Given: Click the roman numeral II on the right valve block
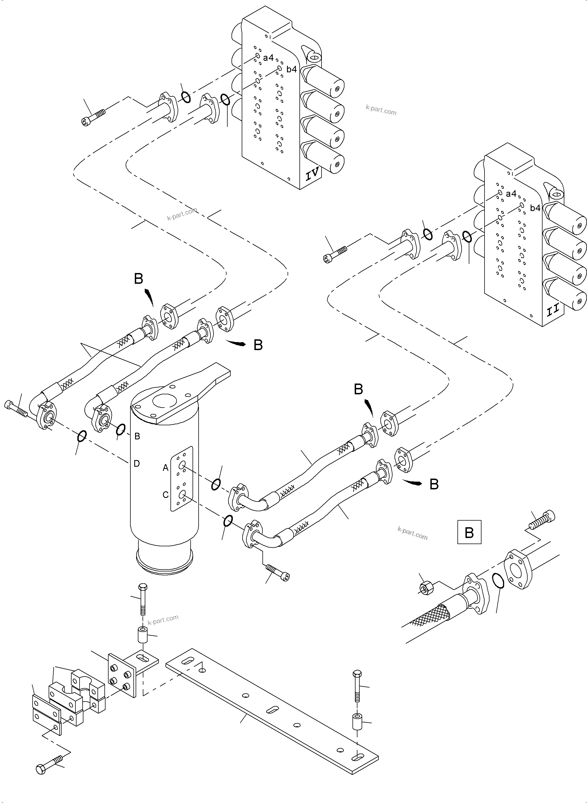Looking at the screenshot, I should click(x=553, y=312).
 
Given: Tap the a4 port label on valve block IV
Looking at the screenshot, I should click(x=268, y=57).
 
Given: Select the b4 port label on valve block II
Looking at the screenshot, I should click(x=535, y=208).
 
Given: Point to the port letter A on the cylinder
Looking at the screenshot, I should click(x=165, y=468).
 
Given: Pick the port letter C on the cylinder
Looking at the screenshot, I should click(x=165, y=495).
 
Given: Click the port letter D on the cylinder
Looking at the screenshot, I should click(x=137, y=463).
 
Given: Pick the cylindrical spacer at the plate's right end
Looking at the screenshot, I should click(x=357, y=721).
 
